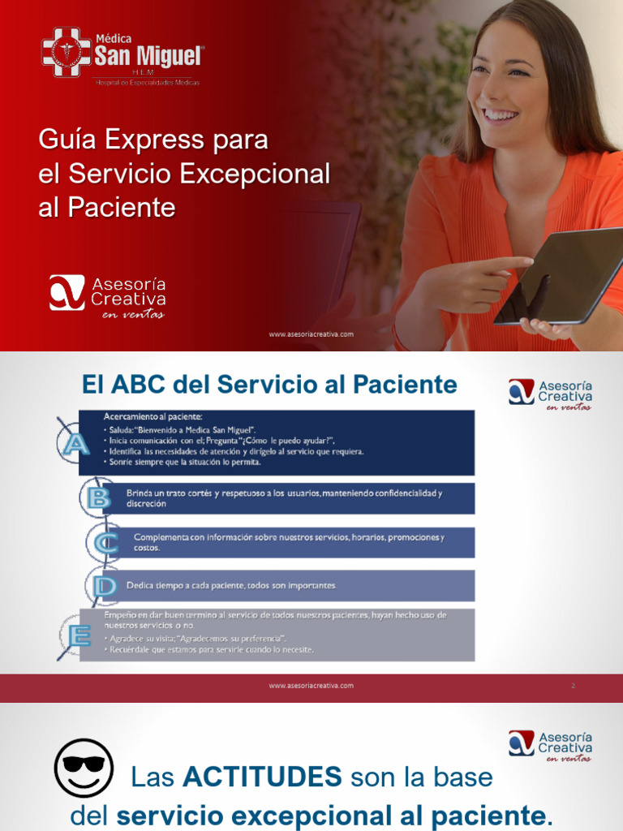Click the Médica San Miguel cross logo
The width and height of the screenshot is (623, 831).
tap(67, 53)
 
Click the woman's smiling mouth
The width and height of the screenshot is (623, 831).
tap(500, 115)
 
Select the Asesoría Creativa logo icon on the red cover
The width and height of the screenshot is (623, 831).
tap(67, 292)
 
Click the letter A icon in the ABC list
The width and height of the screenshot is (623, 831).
tap(73, 443)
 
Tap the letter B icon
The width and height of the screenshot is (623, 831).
tap(99, 497)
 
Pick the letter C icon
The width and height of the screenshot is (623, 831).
tap(105, 542)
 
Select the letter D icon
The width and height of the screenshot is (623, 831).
tap(104, 585)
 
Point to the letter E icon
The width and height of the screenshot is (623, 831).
tap(79, 635)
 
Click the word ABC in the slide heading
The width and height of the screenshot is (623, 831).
tap(135, 384)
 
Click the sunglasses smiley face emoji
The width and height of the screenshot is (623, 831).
tap(84, 768)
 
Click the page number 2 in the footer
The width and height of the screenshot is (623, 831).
tap(573, 686)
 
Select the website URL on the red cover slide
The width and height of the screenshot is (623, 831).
tap(311, 334)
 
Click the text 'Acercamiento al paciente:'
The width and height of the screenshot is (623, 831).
tap(153, 417)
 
